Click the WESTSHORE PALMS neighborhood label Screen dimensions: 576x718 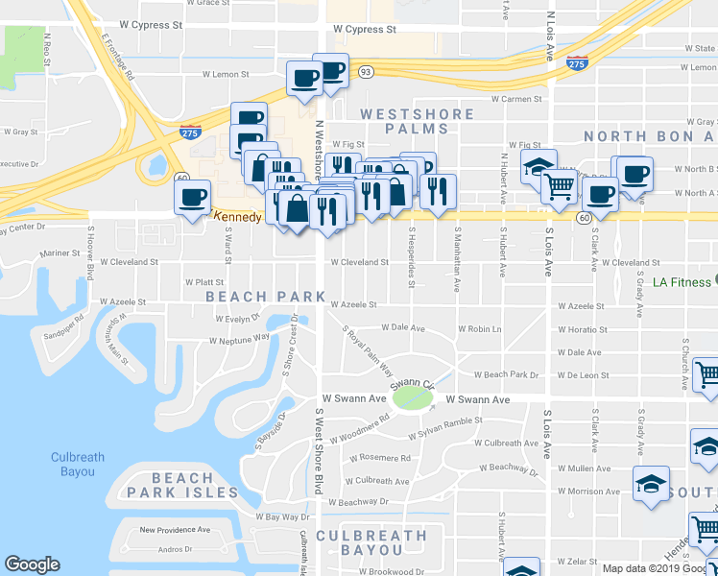tap(417, 121)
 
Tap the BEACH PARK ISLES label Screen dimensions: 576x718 tap(195, 485)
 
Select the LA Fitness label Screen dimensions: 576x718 tap(682, 282)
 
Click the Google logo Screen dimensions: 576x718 tap(32, 564)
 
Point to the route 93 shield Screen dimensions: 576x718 tap(365, 71)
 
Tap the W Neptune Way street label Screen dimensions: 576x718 tap(240, 340)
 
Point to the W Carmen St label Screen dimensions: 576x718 tap(516, 99)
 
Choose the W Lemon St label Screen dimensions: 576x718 tap(223, 74)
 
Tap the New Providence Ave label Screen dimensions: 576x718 tap(175, 529)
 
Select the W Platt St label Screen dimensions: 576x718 tap(203, 282)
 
